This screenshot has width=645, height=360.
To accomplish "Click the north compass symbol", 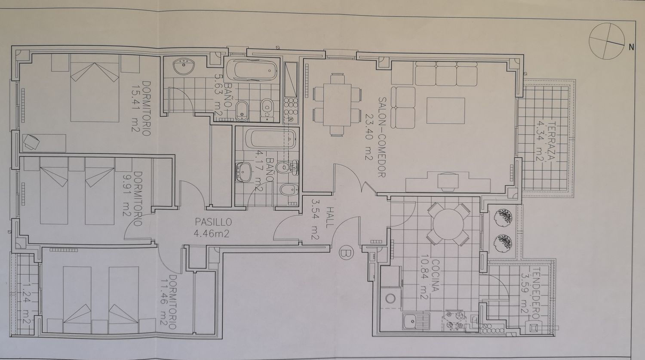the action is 607,42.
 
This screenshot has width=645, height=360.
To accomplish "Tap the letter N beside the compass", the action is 632,47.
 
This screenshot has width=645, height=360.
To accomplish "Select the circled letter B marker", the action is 346,253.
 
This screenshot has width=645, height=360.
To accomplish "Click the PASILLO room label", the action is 213,222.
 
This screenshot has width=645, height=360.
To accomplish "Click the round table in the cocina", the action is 448,225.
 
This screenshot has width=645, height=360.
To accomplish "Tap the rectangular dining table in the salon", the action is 337,105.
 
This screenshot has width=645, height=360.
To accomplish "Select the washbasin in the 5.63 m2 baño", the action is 184,67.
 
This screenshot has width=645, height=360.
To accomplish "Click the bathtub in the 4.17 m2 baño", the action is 270,139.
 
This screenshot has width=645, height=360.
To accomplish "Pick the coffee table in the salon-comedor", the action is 446,111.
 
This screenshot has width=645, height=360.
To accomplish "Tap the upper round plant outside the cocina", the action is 503,216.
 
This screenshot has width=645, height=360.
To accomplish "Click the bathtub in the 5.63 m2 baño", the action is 252,70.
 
